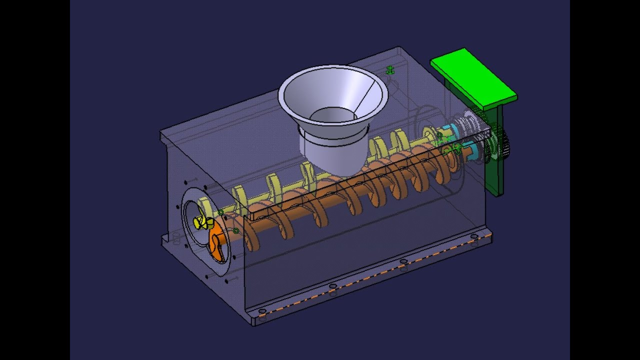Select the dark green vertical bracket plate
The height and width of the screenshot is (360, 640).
(494, 170)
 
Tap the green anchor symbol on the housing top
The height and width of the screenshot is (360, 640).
(390, 70)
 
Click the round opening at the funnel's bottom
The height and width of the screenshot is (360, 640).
(333, 114)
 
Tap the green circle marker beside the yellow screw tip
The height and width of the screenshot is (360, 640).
(220, 212)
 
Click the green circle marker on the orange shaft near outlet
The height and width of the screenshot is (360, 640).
(236, 230)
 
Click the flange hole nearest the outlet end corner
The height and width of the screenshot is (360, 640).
(262, 311)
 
